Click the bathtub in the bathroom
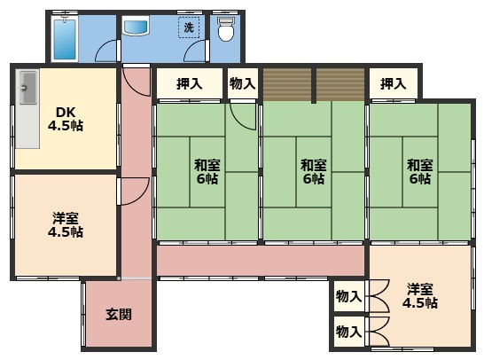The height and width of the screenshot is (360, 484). (x=65, y=39)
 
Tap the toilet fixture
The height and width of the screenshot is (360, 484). (x=226, y=29)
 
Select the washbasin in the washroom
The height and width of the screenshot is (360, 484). (x=136, y=26)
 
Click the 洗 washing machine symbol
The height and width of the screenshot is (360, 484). (x=189, y=27)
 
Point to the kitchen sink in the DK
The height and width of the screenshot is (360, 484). (x=28, y=88)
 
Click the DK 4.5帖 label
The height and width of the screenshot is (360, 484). (x=66, y=119)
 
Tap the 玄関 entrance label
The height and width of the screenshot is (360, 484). (x=119, y=314)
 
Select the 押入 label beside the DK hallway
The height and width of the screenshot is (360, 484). (x=190, y=83)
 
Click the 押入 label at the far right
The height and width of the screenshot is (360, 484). (x=393, y=83)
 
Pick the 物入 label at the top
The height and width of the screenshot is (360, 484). (x=243, y=83)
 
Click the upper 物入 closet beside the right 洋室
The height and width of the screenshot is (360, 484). (x=348, y=296)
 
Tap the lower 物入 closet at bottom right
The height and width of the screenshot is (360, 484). (x=348, y=332)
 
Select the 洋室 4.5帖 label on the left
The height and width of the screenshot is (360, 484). (x=66, y=225)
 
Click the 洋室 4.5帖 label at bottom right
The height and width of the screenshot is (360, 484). (x=420, y=296)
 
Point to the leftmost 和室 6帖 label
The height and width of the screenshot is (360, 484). (x=207, y=172)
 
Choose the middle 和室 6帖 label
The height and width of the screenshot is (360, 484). (x=314, y=172)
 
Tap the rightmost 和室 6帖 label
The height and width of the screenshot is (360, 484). (x=420, y=172)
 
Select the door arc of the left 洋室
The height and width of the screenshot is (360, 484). (x=143, y=195)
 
